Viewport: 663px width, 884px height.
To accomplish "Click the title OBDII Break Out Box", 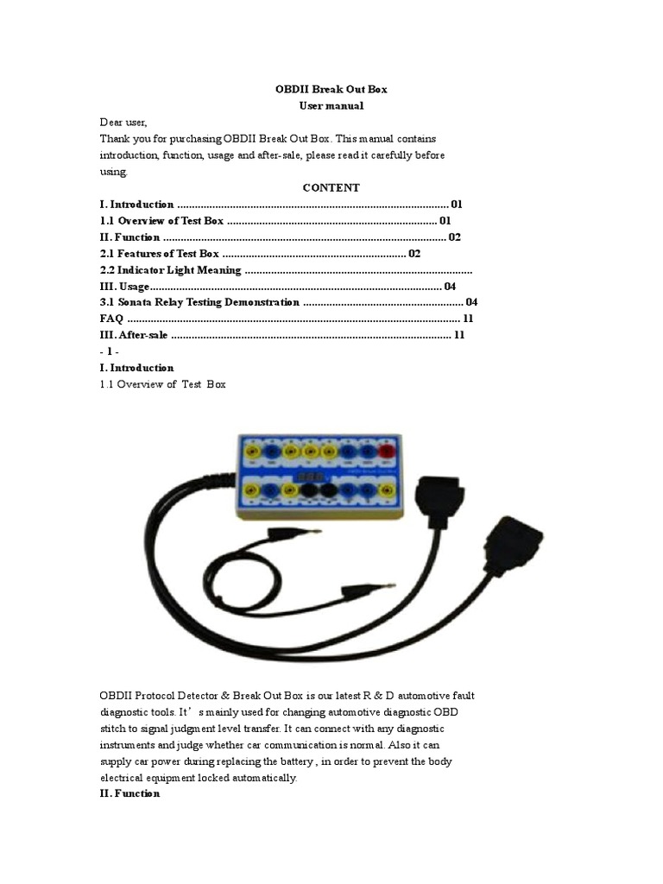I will (x=331, y=89).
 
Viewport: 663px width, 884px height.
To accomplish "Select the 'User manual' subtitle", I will (x=331, y=105).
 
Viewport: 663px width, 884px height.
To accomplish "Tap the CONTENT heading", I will (x=331, y=187).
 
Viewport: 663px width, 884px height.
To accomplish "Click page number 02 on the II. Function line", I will (x=454, y=237).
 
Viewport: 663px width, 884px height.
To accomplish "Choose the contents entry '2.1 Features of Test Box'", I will (x=160, y=253).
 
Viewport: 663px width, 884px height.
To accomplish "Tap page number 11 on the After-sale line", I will (x=459, y=335).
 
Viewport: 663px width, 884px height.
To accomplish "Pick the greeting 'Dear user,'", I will (x=123, y=122).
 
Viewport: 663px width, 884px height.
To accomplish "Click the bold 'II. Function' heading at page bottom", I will (x=129, y=793).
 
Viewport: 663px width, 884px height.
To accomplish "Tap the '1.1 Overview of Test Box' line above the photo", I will (x=162, y=384).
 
